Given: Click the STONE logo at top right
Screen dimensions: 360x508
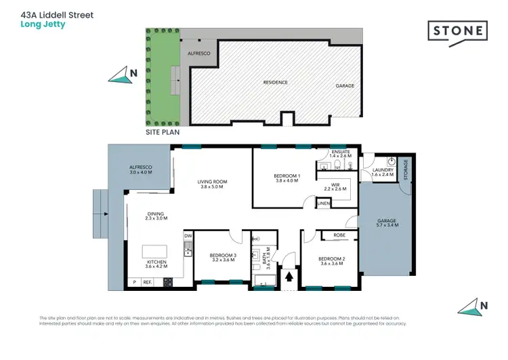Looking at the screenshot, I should (457, 31).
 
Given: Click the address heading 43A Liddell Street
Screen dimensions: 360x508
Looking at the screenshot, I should (57, 14).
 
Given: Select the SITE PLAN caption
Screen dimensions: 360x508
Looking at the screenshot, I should (163, 132).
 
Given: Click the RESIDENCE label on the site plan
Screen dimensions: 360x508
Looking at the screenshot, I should (276, 82).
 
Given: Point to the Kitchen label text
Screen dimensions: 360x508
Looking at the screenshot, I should (156, 262).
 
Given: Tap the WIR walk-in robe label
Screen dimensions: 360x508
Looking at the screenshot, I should (335, 185).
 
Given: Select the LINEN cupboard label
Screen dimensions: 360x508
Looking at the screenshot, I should (324, 203).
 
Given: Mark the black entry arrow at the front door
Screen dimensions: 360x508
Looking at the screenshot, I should (291, 277).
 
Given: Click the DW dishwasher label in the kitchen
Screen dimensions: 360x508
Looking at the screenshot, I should (187, 236).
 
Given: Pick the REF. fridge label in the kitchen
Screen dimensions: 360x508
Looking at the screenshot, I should (146, 281).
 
